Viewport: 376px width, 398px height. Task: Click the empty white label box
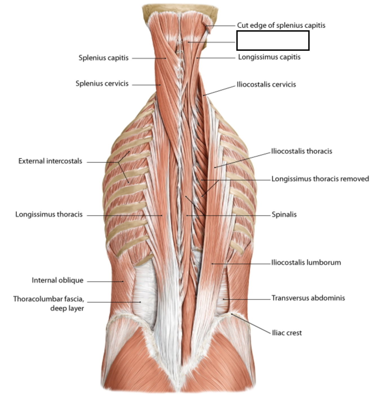pos(273,41)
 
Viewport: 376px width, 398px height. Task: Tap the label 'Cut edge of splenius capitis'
pos(281,25)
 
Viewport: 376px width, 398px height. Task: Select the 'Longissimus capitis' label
pos(269,57)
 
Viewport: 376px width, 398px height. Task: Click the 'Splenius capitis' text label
pos(103,58)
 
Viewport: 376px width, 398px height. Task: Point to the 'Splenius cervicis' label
pos(102,84)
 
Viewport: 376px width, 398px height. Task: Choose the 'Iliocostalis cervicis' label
pos(266,85)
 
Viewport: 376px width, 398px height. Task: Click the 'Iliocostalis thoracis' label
pos(302,151)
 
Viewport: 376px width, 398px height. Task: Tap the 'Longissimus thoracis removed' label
pos(320,179)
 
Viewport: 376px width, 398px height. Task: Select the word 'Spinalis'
pos(284,215)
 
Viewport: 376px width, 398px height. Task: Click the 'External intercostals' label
pos(50,161)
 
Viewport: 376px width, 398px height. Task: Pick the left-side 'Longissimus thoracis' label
pos(49,214)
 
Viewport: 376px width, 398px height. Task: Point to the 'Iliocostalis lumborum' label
pos(306,263)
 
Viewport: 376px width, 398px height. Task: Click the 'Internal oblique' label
pos(57,281)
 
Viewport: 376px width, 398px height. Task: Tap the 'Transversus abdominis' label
pos(308,298)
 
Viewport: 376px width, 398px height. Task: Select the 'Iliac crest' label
pos(287,333)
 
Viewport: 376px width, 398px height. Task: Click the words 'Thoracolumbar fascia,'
pos(48,299)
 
